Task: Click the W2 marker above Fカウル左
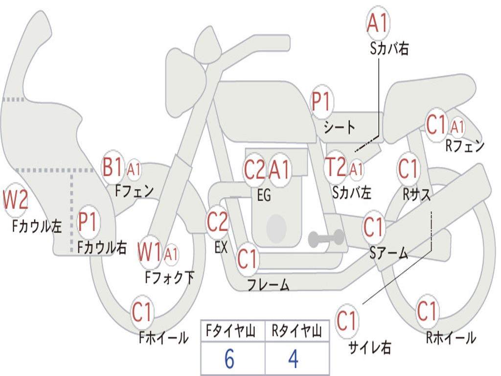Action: [15, 200]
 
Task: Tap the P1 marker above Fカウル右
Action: [88, 222]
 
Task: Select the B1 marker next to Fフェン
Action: [113, 167]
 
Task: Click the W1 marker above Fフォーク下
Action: [149, 253]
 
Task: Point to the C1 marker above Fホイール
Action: [141, 312]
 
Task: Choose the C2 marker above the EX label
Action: [217, 222]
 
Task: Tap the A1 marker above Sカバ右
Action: [378, 23]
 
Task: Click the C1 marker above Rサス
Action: [408, 169]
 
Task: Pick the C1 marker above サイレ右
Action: [346, 321]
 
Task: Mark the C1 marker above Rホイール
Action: [427, 311]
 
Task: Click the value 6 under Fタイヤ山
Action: [229, 359]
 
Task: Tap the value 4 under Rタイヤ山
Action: [294, 359]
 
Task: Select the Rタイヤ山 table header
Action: [297, 331]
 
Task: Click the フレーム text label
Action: [269, 284]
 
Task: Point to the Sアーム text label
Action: [389, 253]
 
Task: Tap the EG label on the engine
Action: [264, 195]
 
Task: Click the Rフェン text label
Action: [465, 146]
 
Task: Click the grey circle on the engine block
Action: [276, 228]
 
